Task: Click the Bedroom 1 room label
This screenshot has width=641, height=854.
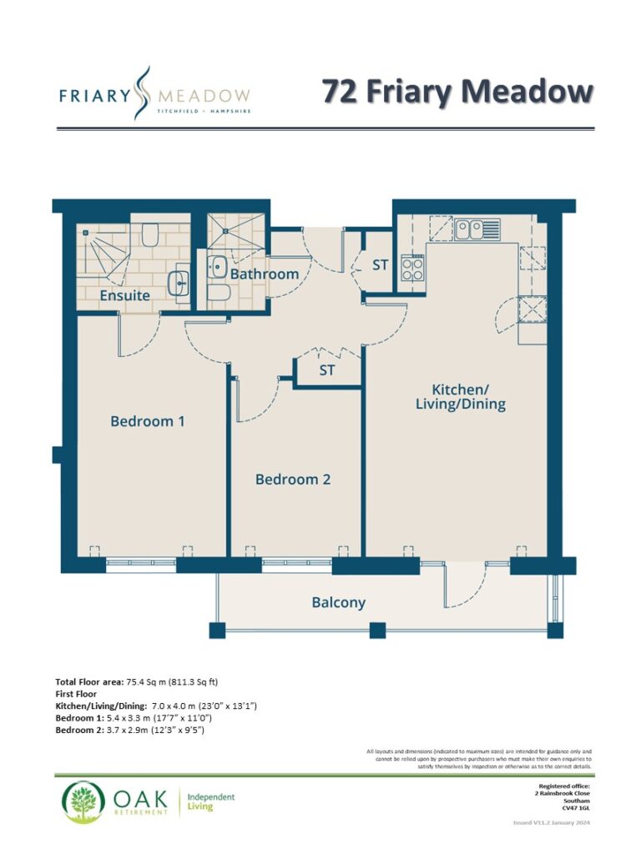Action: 147,421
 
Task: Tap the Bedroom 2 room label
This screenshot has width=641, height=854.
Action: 293,480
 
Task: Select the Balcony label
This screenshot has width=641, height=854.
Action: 339,602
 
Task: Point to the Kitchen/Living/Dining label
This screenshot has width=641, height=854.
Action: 461,396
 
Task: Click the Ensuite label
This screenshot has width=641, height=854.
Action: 125,295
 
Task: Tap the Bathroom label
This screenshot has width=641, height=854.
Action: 265,274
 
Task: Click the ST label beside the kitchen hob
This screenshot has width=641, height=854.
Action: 380,265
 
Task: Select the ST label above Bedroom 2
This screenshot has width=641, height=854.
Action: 326,370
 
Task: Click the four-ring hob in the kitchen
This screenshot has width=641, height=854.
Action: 412,268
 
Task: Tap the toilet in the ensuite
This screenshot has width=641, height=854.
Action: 149,234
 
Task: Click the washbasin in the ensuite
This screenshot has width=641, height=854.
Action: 179,284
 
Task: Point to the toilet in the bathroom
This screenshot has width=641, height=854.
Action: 220,293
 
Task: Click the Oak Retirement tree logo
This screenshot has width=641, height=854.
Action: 83,801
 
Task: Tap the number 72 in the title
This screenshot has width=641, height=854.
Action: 340,91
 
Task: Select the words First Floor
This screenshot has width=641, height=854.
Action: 76,694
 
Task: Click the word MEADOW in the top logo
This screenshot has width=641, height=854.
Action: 204,97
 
